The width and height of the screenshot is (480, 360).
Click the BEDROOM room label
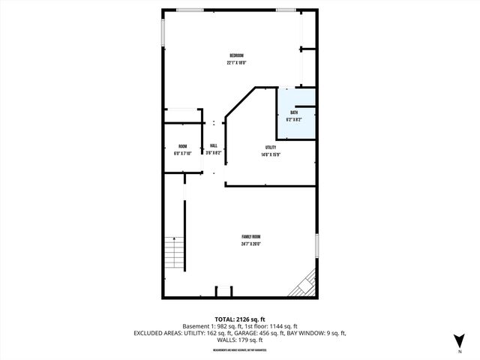click(237, 56)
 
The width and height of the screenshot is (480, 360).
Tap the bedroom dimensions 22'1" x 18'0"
click(237, 63)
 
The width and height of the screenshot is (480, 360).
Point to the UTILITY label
click(271, 147)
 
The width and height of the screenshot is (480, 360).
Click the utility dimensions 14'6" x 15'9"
click(271, 154)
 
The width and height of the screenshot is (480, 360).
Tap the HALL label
click(214, 145)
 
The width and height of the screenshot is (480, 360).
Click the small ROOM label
click(182, 146)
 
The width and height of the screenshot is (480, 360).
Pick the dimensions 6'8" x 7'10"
click(182, 153)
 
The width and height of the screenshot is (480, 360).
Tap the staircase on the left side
click(174, 256)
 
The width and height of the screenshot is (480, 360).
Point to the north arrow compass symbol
click(459, 340)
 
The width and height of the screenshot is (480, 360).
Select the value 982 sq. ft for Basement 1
click(226, 326)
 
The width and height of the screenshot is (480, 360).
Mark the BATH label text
click(294, 112)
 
